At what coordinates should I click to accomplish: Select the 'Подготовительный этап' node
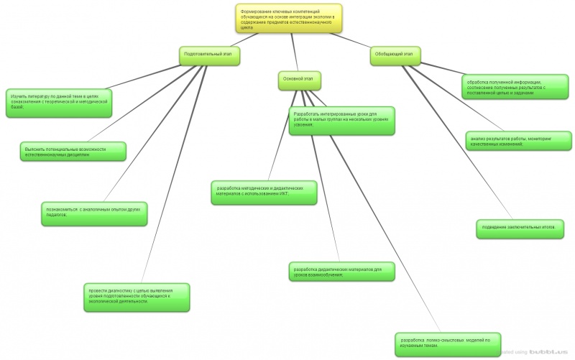click(208, 55)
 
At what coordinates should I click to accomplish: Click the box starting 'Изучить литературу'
click(60, 101)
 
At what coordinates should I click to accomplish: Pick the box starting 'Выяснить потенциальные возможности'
click(72, 151)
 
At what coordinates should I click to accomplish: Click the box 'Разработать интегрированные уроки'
click(342, 120)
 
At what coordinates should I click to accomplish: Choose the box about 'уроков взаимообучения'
click(341, 271)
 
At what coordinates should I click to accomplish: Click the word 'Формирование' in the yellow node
click(258, 9)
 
